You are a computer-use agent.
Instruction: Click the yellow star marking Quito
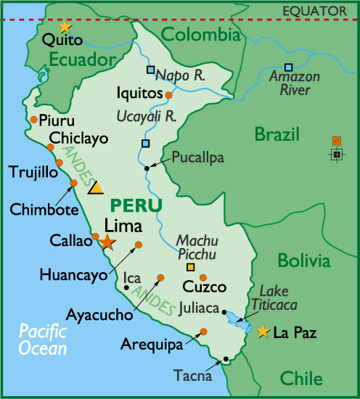coord(65,27)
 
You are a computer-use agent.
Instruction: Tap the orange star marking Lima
coord(107,242)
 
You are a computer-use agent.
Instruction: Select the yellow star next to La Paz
coord(263,332)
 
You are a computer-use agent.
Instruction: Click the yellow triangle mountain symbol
coord(96,188)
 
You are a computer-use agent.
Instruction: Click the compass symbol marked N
coord(336,153)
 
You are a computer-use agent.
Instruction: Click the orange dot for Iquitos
coord(169,95)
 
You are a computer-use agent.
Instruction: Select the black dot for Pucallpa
coord(147,168)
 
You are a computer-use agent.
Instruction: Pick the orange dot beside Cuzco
coord(203,277)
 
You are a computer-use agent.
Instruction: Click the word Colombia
coord(200,35)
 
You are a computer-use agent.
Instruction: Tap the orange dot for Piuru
coord(34,120)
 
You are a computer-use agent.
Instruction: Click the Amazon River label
coord(294,82)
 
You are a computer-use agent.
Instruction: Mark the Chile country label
coord(300,378)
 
